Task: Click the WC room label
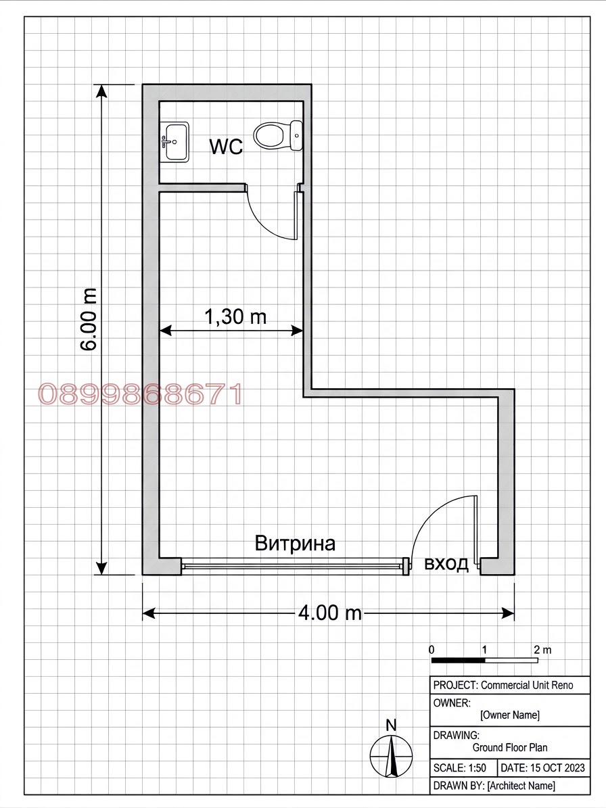click(226, 146)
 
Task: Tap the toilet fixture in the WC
click(278, 135)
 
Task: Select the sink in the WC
click(174, 141)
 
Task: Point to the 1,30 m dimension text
click(235, 316)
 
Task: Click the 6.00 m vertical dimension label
click(89, 320)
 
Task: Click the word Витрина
click(295, 543)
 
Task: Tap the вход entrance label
click(446, 564)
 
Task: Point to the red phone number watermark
click(140, 394)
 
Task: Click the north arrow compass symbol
click(391, 756)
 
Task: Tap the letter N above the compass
click(391, 725)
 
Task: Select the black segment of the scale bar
click(458, 660)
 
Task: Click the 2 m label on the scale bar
click(542, 650)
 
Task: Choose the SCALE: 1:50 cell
click(460, 768)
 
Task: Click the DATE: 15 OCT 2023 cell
click(543, 768)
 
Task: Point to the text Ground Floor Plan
click(510, 747)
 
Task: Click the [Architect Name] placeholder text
click(521, 786)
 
